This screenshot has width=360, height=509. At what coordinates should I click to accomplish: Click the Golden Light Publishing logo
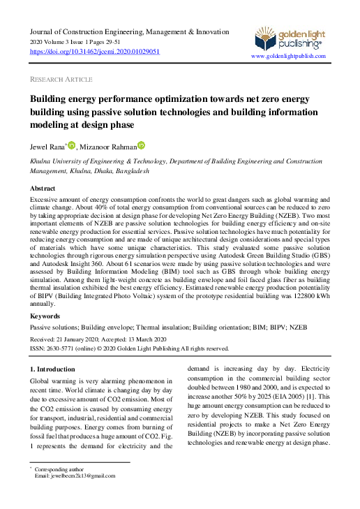(x=287, y=38)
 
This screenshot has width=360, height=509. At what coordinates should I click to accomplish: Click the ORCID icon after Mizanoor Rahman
(x=141, y=145)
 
